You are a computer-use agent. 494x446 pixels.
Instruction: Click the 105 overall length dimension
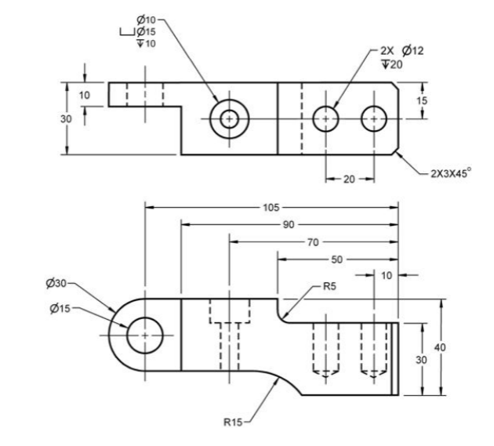[x=271, y=208]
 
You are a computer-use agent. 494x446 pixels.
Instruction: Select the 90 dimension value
[x=289, y=225]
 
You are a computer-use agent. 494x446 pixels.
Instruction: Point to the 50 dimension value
[x=337, y=259]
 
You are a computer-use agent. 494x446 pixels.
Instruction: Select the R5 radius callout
[x=330, y=288]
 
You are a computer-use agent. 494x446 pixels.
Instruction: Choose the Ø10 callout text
[x=145, y=18]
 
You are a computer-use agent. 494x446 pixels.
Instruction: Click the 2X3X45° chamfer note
[x=451, y=174]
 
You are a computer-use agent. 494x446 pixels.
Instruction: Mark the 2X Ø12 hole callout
[x=400, y=51]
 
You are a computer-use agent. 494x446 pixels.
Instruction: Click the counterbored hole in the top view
[x=229, y=119]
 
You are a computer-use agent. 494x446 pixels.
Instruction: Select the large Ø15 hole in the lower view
[x=145, y=335]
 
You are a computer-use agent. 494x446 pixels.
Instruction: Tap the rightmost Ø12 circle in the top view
[x=374, y=119]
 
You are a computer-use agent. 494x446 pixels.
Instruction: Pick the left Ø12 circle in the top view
[x=325, y=119]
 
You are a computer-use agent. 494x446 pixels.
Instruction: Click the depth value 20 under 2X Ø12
[x=390, y=64]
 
